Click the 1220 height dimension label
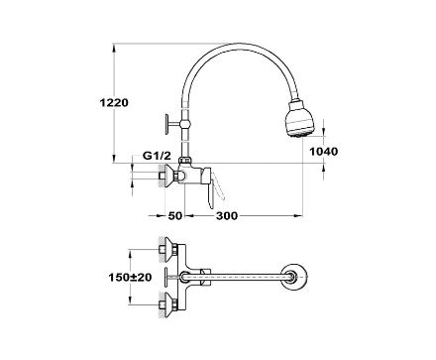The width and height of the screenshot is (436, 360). coord(114,103)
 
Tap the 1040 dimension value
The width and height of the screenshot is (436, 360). coord(323,152)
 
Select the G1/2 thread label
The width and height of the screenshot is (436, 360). coord(157,156)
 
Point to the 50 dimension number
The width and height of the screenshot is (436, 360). coord(175,216)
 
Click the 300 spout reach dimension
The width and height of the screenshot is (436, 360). coord(227,216)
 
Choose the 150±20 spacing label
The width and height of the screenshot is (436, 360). coord(131,277)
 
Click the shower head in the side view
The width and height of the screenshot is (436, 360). coord(300,118)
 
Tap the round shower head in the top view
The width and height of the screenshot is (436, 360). coord(295,277)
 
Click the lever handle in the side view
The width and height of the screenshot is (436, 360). coord(210,188)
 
